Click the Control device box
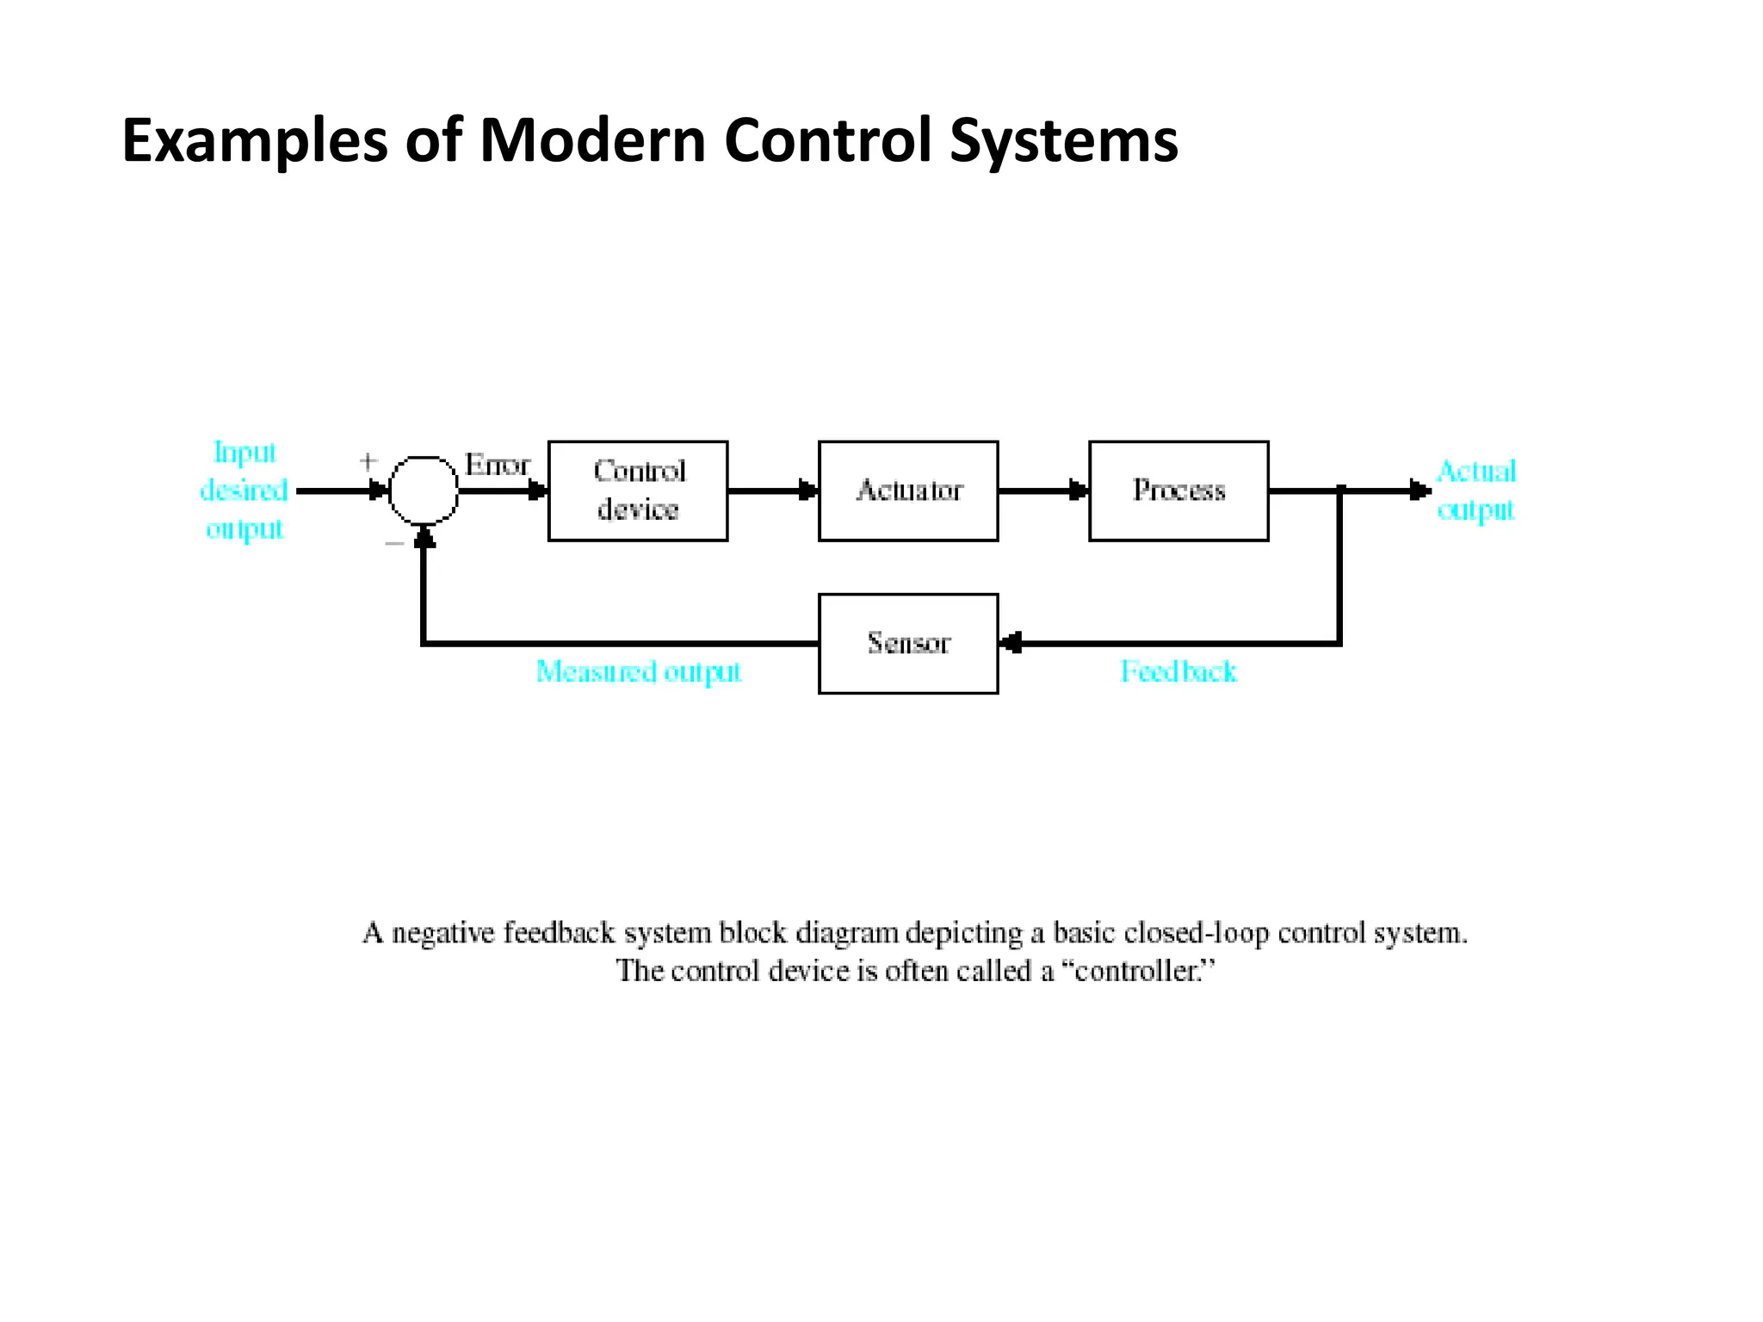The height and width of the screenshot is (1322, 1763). tap(638, 491)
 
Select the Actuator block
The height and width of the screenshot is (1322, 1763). tap(908, 491)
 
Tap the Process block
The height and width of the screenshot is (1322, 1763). tap(1178, 491)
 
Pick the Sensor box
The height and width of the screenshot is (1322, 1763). tap(908, 643)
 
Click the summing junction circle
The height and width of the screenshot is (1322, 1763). tap(424, 491)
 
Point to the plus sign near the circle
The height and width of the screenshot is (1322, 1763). tap(368, 461)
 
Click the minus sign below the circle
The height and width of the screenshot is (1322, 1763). tap(394, 543)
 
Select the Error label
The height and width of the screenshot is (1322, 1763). tap(497, 465)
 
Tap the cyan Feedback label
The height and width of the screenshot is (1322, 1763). tap(1178, 671)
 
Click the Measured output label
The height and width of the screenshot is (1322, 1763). tap(638, 671)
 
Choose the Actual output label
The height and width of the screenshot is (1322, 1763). tap(1475, 491)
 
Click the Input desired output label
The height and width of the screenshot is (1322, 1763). tap(244, 491)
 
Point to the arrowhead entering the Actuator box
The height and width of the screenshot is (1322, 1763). tap(808, 491)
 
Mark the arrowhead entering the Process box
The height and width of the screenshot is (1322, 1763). tap(1079, 491)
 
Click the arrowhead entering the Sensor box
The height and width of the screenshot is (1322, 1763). tap(1011, 643)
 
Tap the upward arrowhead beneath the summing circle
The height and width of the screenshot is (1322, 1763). tap(424, 536)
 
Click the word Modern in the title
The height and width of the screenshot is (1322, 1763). tap(592, 140)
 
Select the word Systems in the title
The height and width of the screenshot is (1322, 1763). tap(1063, 140)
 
